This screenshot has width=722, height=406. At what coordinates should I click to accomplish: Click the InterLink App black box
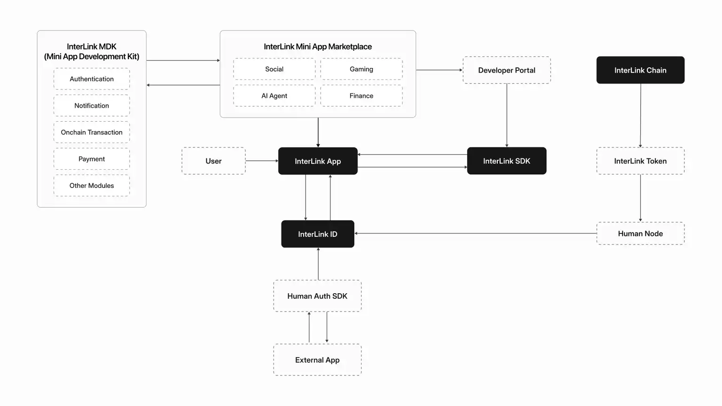click(x=318, y=161)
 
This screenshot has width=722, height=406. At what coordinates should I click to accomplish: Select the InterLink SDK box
click(x=507, y=161)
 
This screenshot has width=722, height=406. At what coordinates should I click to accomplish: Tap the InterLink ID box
click(x=318, y=234)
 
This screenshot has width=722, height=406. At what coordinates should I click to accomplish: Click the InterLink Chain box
click(x=640, y=70)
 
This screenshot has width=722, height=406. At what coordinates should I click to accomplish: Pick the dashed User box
click(x=213, y=161)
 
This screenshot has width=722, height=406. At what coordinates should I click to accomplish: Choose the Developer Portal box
click(x=507, y=70)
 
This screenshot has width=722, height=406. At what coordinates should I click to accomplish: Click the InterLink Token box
click(x=640, y=161)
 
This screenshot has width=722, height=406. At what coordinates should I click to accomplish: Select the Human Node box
click(x=640, y=234)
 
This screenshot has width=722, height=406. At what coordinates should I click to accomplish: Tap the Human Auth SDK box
click(x=317, y=296)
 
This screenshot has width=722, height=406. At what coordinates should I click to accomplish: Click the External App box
click(x=317, y=360)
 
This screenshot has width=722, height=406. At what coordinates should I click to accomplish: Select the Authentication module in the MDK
click(x=92, y=79)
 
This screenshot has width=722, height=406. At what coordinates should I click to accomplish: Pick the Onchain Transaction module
click(x=92, y=133)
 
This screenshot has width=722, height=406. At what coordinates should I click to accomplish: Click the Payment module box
click(x=92, y=159)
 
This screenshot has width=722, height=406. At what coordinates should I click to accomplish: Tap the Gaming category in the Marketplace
click(x=361, y=69)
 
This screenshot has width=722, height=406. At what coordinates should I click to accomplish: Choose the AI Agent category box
click(x=275, y=96)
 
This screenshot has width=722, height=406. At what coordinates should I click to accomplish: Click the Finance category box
click(x=361, y=96)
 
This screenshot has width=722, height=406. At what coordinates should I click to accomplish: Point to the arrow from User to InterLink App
click(x=261, y=161)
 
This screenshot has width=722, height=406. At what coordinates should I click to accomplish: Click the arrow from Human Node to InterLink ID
click(x=475, y=234)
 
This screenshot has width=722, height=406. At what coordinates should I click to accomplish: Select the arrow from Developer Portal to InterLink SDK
click(x=507, y=115)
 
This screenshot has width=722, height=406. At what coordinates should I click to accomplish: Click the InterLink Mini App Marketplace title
click(x=318, y=47)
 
